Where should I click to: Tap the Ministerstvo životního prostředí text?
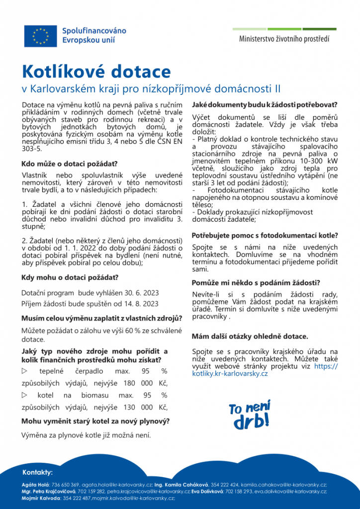click(x=284, y=38)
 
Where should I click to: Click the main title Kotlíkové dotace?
click(x=96, y=72)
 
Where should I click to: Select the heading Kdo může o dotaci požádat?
click(x=69, y=164)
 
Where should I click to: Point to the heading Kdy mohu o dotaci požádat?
click(x=70, y=277)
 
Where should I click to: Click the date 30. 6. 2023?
click(x=140, y=293)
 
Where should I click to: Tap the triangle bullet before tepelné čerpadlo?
click(x=25, y=371)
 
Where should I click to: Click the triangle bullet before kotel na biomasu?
click(x=25, y=395)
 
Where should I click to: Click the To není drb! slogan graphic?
click(x=250, y=414)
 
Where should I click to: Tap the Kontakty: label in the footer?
click(x=38, y=472)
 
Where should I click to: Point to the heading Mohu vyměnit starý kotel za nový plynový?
click(x=95, y=421)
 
